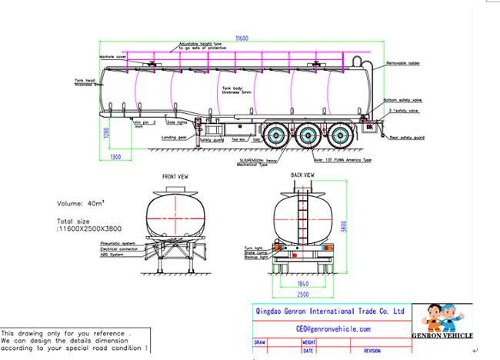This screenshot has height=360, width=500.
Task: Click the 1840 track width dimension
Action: [305, 284]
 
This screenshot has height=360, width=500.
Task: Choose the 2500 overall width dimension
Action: [305, 295]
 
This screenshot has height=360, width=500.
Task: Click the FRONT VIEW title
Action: [175, 176]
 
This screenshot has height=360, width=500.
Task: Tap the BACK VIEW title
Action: [302, 175]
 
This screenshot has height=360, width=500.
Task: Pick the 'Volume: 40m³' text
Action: [82, 204]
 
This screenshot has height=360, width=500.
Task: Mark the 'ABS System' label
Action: [114, 255]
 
